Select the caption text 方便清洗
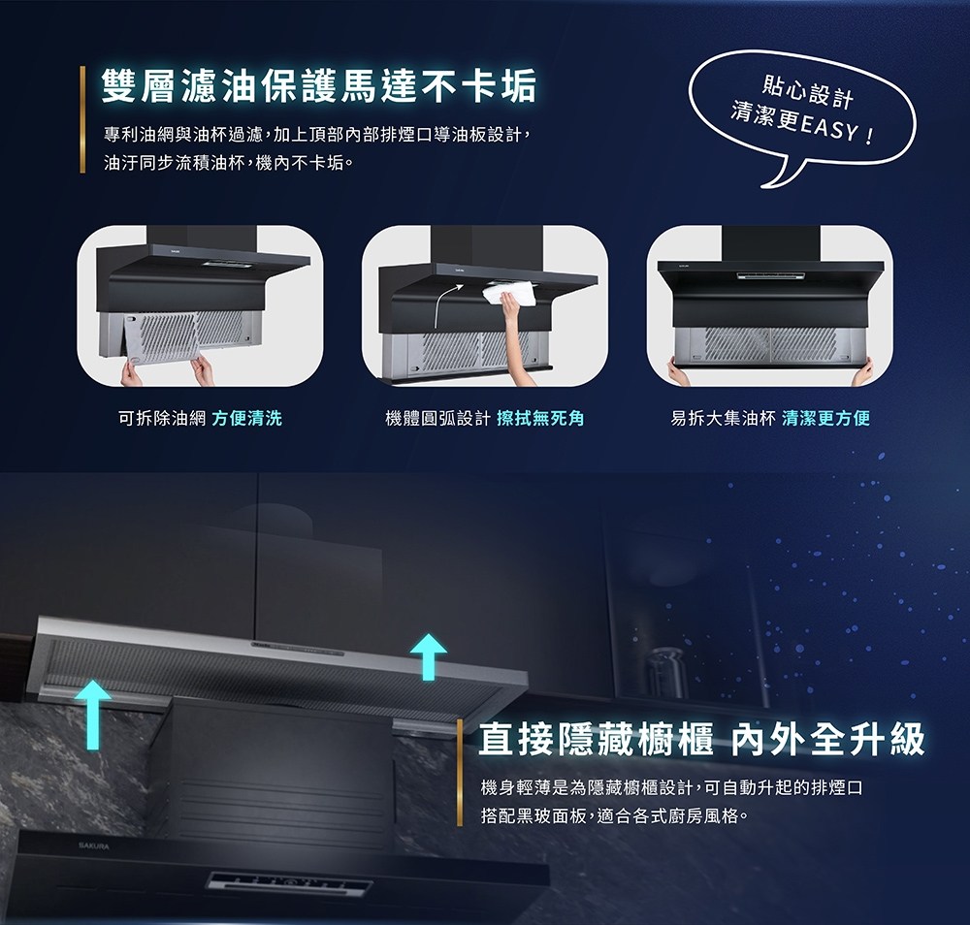(246, 419)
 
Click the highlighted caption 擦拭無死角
(540, 419)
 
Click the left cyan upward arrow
(92, 713)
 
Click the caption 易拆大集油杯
(723, 419)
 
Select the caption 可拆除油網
(160, 419)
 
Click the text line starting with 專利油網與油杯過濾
(318, 133)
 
